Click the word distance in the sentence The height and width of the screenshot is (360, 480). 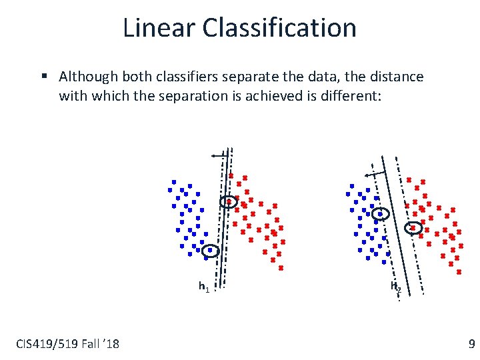click(393, 77)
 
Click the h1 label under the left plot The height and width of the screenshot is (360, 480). click(204, 287)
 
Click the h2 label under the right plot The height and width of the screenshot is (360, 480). click(395, 287)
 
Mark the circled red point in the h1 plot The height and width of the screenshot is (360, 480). click(229, 201)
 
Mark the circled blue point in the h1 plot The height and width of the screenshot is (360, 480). click(211, 251)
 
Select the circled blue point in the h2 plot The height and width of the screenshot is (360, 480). click(380, 214)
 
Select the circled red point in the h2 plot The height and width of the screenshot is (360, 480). click(413, 228)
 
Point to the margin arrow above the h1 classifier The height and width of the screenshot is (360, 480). click(218, 155)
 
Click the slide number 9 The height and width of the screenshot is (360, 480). click(471, 344)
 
